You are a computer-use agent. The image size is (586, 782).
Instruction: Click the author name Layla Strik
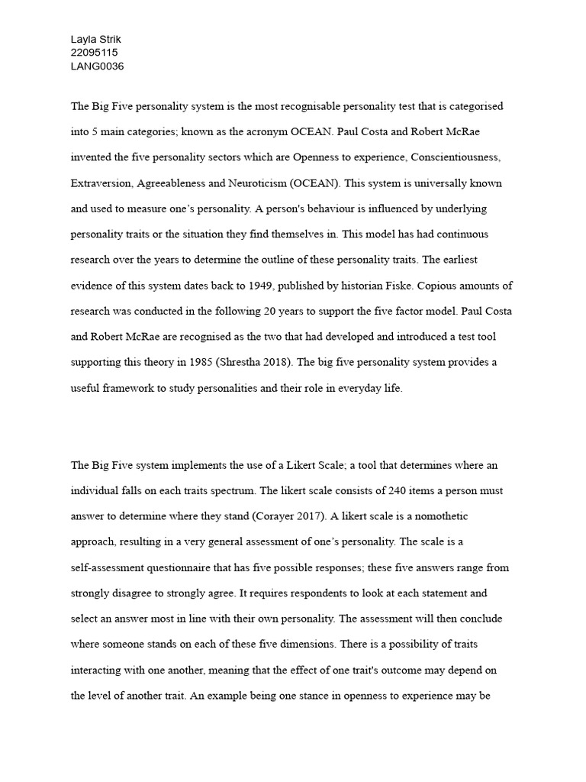(x=95, y=38)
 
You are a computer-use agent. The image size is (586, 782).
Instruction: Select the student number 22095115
(x=95, y=52)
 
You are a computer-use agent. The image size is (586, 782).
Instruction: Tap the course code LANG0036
(x=97, y=66)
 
